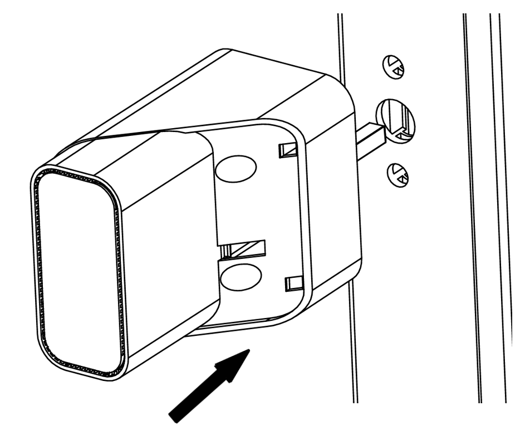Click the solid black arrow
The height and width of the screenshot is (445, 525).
pos(209,384)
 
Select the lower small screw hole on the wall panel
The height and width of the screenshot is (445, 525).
pos(399,174)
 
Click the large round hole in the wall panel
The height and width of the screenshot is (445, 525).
pos(396,121)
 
